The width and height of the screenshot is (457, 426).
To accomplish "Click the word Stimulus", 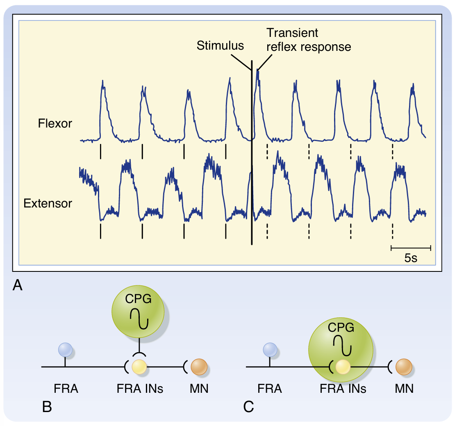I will tap(220, 46).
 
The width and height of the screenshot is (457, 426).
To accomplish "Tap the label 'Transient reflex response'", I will tap(308, 40).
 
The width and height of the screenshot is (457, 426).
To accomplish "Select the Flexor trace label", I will tap(55, 123).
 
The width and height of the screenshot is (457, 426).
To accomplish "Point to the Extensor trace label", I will tap(48, 203).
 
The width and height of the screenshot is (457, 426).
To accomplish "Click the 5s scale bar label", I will tap(411, 259).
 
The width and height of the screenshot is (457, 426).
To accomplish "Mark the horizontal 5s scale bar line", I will tap(411, 248).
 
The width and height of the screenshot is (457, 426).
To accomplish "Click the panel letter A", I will tap(18, 285).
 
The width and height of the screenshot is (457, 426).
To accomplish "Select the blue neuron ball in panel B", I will tap(65, 350).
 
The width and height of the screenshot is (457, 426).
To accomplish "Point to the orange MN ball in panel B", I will tap(199, 366).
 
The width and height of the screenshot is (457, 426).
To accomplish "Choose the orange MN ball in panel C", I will tap(403, 366).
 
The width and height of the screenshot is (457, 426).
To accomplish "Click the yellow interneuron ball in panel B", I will tap(139, 366).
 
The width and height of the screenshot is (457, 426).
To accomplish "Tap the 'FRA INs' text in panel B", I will tap(139, 388).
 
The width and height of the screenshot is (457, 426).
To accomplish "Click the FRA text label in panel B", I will tap(66, 388).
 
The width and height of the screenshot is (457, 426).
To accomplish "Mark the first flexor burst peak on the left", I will tap(102, 82).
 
